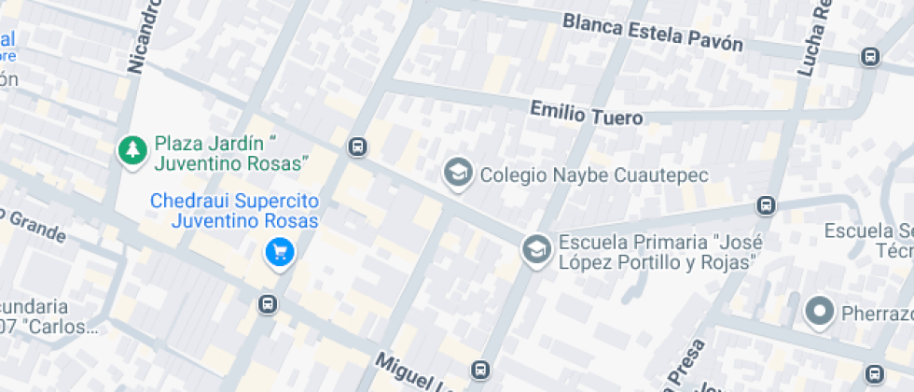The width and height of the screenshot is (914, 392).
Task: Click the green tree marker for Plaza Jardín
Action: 132,149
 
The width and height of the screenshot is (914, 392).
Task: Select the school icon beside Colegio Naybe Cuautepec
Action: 457,174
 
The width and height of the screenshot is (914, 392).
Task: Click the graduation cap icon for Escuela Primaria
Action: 535,249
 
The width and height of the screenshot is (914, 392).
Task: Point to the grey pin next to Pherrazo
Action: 820,311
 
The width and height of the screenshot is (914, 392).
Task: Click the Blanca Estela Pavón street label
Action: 653,33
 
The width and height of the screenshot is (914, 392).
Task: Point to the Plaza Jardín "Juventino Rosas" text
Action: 231,154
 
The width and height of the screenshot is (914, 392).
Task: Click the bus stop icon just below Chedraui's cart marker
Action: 268,304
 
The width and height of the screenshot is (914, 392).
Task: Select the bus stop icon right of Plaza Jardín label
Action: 356,147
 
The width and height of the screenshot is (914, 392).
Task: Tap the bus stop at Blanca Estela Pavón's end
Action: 870,56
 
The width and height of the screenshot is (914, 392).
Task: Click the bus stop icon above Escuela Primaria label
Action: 766,204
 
